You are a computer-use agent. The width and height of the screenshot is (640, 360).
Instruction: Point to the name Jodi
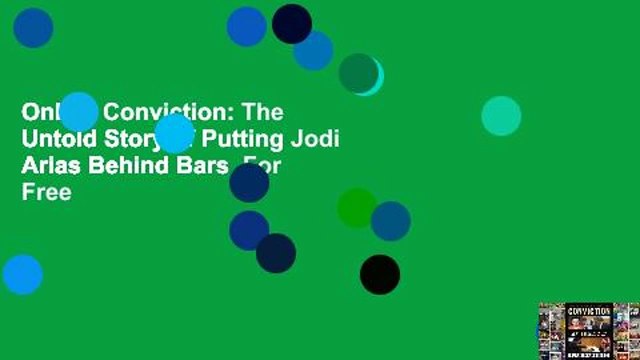click(317, 139)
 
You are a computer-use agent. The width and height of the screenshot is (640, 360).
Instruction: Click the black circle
click(380, 274)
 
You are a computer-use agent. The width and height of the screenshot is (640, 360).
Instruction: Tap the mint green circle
click(501, 116)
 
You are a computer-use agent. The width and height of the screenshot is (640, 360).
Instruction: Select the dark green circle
click(358, 73)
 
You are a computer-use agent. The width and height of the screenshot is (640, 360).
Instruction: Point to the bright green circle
click(355, 207)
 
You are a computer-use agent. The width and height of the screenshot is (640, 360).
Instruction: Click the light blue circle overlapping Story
click(174, 133)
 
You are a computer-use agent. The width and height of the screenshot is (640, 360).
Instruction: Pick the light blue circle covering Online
click(79, 111)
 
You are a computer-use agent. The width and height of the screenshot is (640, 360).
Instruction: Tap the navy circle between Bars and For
click(249, 182)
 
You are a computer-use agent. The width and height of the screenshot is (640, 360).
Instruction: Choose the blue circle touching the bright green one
click(391, 221)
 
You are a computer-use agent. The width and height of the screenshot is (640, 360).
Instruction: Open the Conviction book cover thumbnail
click(588, 329)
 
